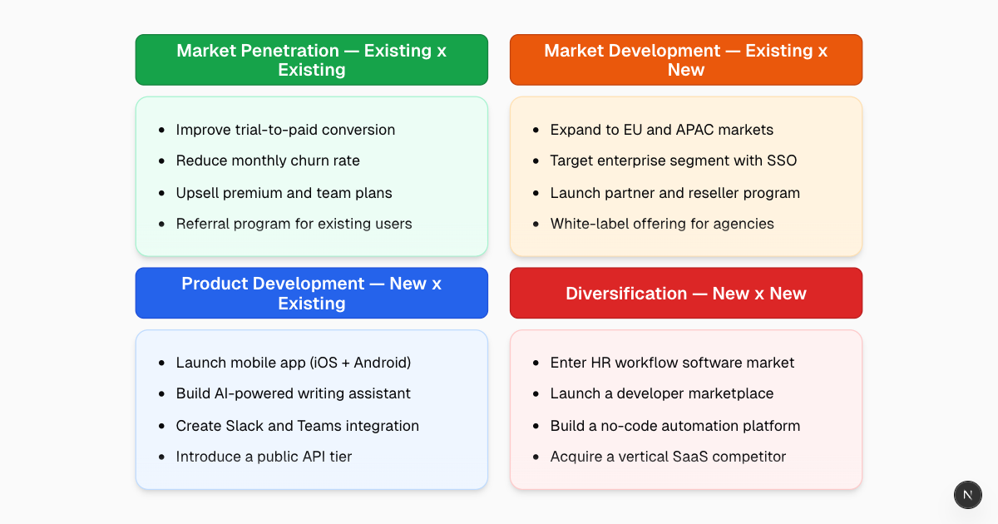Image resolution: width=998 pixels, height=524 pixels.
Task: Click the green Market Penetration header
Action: (x=311, y=60)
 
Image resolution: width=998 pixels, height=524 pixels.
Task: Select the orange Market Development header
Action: (x=685, y=60)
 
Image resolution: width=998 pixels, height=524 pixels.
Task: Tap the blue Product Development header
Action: (x=311, y=293)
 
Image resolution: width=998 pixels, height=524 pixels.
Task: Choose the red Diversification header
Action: (x=685, y=293)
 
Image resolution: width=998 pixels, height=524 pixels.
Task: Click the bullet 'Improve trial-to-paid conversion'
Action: (x=285, y=130)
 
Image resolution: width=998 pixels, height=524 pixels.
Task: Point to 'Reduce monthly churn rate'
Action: (x=268, y=161)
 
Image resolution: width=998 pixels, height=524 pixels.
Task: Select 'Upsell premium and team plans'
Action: (x=284, y=193)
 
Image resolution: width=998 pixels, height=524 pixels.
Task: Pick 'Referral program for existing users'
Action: (x=294, y=224)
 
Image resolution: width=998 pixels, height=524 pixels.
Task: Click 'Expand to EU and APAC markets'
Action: (x=661, y=130)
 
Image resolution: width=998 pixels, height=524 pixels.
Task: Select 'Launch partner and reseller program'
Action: (x=674, y=193)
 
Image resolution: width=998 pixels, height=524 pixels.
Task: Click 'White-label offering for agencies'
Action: (x=661, y=224)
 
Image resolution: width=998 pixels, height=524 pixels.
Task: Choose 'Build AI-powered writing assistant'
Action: (x=293, y=393)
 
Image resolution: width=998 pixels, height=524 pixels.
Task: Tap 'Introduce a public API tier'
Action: (x=264, y=457)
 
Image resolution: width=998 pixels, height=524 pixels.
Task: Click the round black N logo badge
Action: (x=967, y=494)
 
